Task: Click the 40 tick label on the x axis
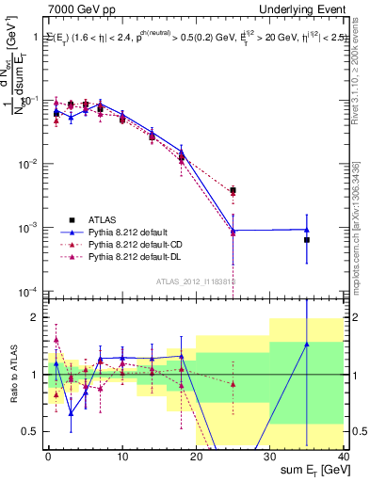(x=344, y=456)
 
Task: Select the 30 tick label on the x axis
(x=269, y=456)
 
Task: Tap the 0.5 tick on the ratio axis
(x=30, y=432)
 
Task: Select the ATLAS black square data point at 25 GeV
(x=233, y=190)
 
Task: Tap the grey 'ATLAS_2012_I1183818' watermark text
(x=197, y=281)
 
